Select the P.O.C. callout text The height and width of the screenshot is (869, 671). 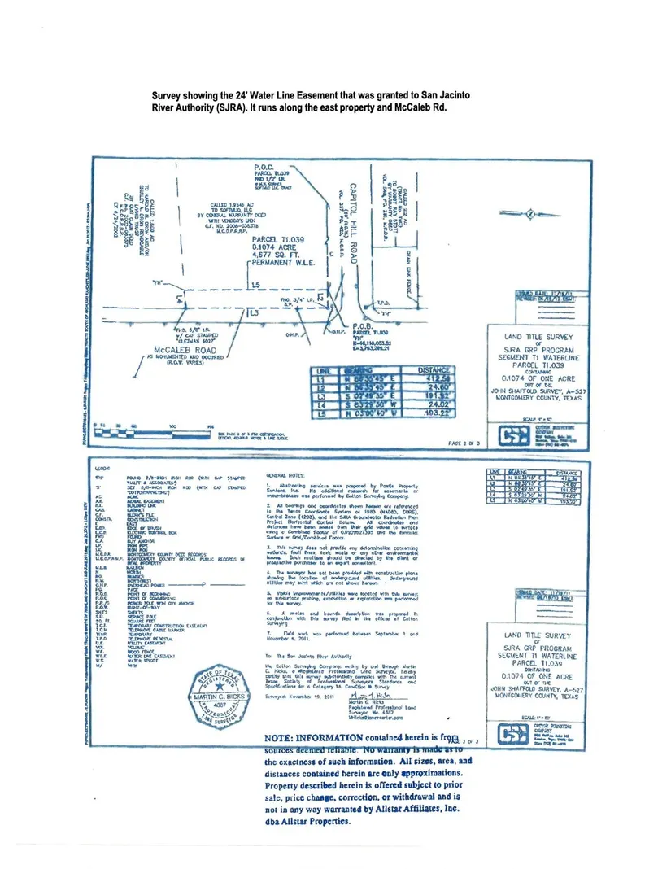(267, 169)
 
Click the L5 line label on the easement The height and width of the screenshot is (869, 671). (256, 285)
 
